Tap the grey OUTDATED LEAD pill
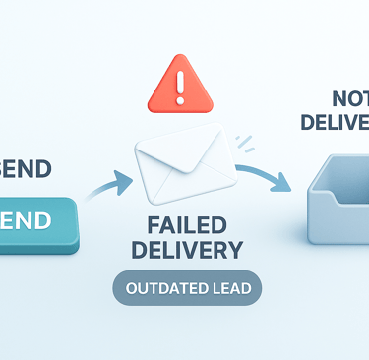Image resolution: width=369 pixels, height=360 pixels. pos(186,289)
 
